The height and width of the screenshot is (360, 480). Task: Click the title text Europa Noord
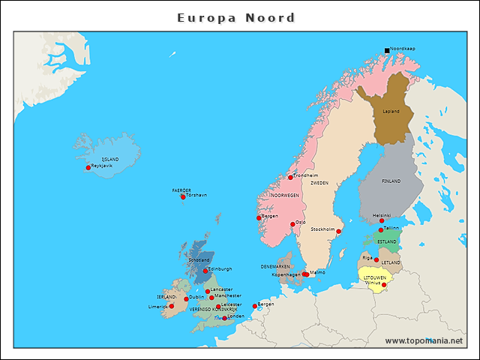click(236, 18)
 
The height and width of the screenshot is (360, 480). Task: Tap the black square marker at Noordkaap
click(387, 50)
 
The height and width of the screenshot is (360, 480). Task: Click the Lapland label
click(391, 112)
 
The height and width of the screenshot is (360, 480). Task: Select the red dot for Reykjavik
click(88, 168)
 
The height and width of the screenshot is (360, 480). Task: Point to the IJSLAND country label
click(109, 159)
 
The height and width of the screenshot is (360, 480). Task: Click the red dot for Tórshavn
click(183, 197)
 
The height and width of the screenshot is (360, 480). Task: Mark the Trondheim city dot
click(290, 178)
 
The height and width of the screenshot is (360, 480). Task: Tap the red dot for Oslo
click(292, 224)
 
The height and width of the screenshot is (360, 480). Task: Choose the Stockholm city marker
click(338, 232)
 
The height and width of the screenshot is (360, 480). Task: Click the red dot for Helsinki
click(382, 220)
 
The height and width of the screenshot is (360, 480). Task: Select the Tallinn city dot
click(381, 230)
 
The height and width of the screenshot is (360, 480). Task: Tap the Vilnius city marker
click(384, 285)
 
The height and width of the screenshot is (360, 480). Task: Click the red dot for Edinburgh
click(205, 271)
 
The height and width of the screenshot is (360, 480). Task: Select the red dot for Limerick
click(171, 307)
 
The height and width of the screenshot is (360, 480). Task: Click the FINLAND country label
click(391, 181)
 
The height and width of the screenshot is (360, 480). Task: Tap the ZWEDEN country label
click(319, 182)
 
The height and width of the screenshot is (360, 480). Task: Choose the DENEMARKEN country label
click(275, 266)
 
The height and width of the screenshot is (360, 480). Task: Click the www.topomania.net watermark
click(424, 340)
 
